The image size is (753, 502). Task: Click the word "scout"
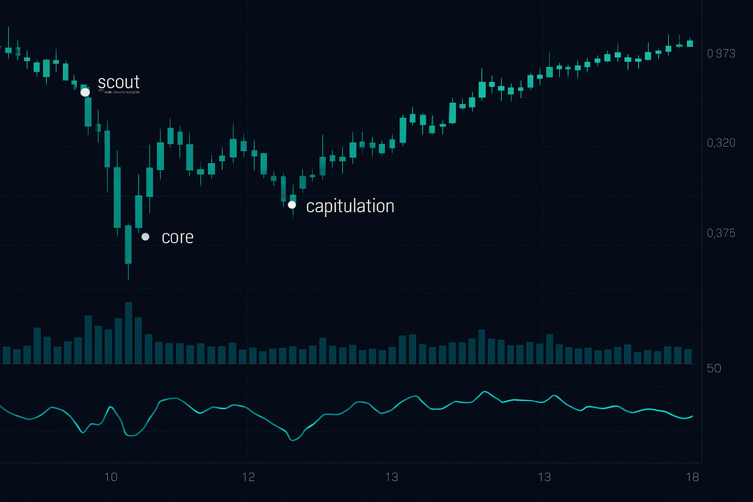[119, 82]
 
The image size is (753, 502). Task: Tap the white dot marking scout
[85, 92]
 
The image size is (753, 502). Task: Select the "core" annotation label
[177, 237]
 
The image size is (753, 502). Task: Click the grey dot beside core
[146, 237]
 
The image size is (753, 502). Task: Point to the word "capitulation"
[350, 206]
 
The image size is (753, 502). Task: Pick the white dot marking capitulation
[292, 205]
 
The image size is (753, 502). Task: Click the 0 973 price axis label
[721, 53]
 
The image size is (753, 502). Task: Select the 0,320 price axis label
[721, 143]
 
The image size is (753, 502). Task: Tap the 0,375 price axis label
[721, 233]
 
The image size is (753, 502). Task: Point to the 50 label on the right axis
[714, 368]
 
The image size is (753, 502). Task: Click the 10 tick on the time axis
[111, 477]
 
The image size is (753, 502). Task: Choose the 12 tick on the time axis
[249, 477]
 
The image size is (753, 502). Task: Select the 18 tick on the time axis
[692, 477]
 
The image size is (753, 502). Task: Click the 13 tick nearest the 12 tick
[391, 477]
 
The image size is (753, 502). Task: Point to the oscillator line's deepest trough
[293, 440]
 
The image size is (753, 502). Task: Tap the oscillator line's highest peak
[485, 392]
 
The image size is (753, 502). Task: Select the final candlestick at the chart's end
[690, 44]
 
